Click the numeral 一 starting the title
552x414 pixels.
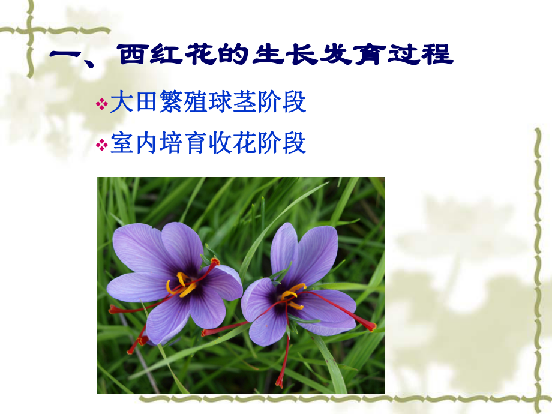tap(67, 56)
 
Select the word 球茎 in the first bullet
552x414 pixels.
tap(228, 103)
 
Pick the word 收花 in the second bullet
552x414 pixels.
tap(228, 144)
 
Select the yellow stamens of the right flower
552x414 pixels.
tap(293, 295)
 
